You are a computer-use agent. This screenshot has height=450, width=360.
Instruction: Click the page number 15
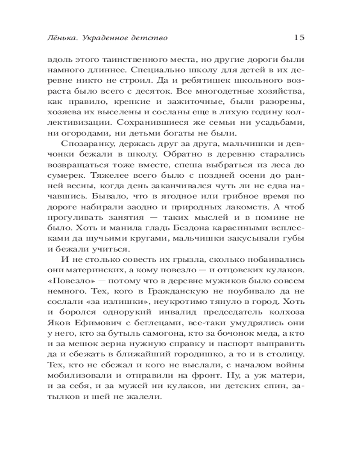(x=299, y=37)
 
